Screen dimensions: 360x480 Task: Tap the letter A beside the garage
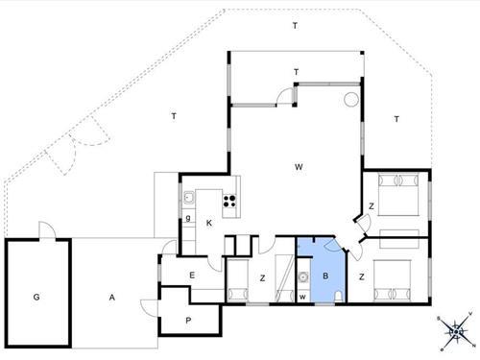tap(111, 299)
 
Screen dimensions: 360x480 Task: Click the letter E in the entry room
tap(192, 276)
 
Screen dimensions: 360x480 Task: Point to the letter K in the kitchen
tap(208, 223)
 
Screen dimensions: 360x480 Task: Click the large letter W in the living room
tap(300, 168)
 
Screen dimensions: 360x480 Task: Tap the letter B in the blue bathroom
tap(325, 276)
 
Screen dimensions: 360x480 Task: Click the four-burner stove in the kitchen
tap(230, 201)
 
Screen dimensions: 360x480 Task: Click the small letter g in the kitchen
tap(188, 218)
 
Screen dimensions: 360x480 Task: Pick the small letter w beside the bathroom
tap(303, 296)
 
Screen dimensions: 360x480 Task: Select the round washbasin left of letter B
tap(303, 278)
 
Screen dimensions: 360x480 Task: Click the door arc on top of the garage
tap(44, 230)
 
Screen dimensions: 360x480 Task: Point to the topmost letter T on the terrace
tap(296, 26)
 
